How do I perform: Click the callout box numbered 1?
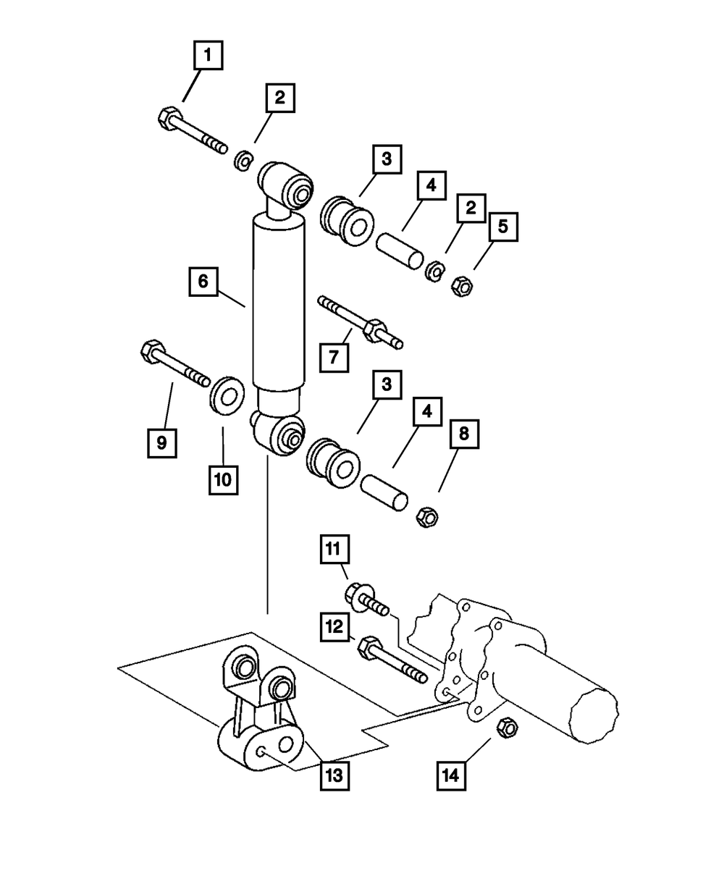[x=207, y=55]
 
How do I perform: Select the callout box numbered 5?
[x=502, y=227]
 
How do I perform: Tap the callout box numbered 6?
[x=203, y=281]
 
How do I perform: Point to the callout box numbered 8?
[x=463, y=434]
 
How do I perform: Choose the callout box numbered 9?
[x=161, y=442]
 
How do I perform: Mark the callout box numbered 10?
[x=224, y=479]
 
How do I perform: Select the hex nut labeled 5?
[x=462, y=287]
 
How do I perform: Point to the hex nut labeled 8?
[x=426, y=516]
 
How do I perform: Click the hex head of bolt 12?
[x=369, y=646]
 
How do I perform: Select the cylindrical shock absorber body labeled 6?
[x=278, y=304]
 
